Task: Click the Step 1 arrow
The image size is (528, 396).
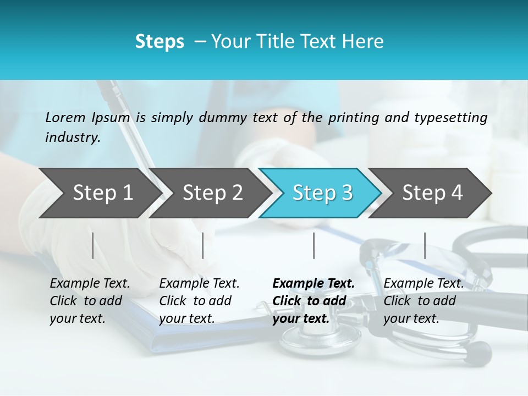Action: click(x=99, y=193)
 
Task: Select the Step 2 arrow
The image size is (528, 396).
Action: click(x=212, y=193)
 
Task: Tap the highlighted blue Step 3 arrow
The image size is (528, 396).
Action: click(x=321, y=193)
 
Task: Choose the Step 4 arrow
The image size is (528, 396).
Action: click(x=432, y=193)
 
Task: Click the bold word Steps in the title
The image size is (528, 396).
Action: click(x=159, y=42)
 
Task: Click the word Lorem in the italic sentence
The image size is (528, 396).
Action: click(x=65, y=117)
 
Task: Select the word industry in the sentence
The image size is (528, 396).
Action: click(x=72, y=137)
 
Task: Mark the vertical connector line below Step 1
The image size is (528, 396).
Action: click(x=93, y=245)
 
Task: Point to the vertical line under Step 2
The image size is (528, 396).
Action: click(x=203, y=245)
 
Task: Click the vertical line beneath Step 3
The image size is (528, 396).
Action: click(x=313, y=245)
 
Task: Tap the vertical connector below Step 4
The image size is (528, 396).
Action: click(x=425, y=245)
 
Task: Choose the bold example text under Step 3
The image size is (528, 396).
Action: click(x=313, y=301)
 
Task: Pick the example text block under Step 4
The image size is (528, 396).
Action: click(x=423, y=301)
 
